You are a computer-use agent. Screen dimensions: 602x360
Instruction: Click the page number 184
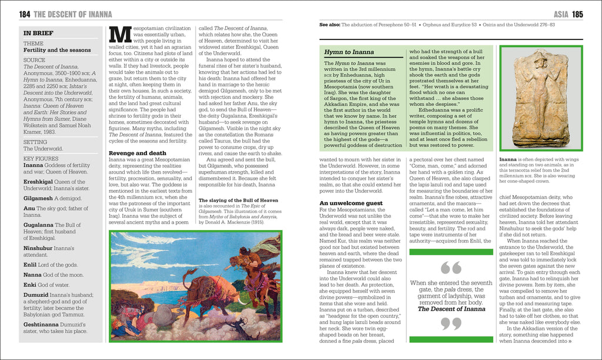click(x=25, y=14)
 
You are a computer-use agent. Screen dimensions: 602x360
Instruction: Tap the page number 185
click(x=578, y=14)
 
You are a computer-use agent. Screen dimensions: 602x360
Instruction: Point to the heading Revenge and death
click(x=133, y=153)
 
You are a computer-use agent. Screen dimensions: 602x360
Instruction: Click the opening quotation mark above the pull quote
click(x=451, y=268)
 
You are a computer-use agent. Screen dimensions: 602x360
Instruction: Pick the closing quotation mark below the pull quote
click(x=451, y=324)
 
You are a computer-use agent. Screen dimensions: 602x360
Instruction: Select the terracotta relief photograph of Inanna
click(x=541, y=99)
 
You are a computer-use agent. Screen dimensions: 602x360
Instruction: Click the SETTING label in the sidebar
click(x=35, y=142)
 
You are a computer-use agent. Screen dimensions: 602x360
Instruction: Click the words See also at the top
click(x=329, y=25)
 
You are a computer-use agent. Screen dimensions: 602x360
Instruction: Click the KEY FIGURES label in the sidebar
click(x=41, y=158)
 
